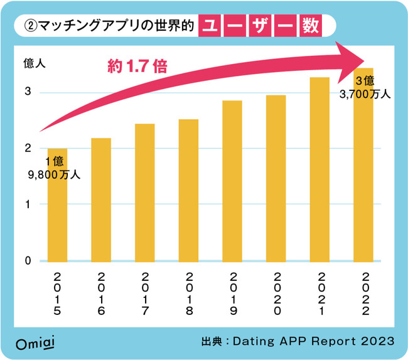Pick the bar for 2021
tap(320, 169)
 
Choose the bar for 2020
tap(276, 178)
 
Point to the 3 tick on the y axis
tap(28, 92)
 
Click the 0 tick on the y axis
tap(28, 261)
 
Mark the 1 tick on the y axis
tap(28, 204)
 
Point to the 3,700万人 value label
tap(365, 95)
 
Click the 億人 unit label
tap(35, 63)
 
